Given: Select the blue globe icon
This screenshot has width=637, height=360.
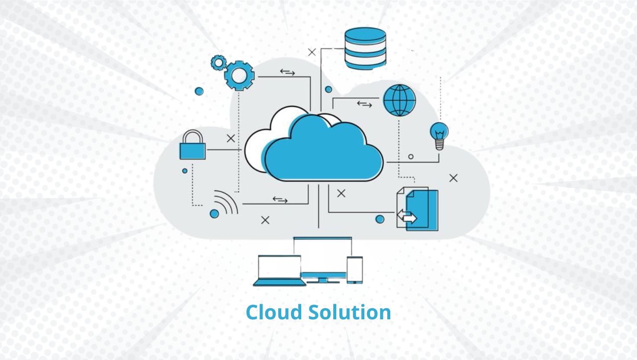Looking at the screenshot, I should pyautogui.click(x=399, y=100).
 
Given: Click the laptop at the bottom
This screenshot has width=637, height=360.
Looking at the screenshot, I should pyautogui.click(x=279, y=271).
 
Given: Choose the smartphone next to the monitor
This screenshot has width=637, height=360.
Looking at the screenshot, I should pyautogui.click(x=355, y=270).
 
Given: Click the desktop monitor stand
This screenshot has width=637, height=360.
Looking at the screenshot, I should pyautogui.click(x=323, y=280).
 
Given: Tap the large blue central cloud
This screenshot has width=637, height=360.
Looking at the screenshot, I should pyautogui.click(x=324, y=149).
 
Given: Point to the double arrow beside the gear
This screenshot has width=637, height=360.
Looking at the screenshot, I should pyautogui.click(x=287, y=72).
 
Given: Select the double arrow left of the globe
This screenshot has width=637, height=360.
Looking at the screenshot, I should pyautogui.click(x=364, y=104).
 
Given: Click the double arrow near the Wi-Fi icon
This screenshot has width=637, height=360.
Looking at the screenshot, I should pyautogui.click(x=280, y=199).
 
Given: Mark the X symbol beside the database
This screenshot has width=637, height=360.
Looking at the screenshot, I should pyautogui.click(x=312, y=52).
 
